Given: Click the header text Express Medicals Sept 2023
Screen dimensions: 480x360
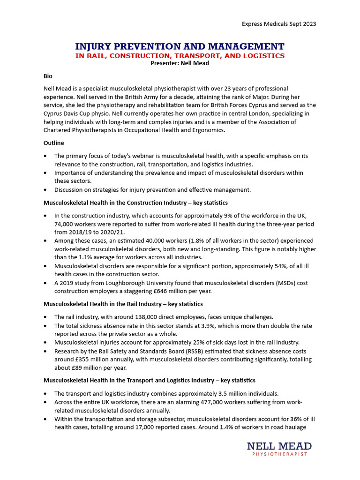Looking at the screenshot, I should click(x=278, y=24).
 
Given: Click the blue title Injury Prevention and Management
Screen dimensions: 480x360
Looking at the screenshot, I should click(x=180, y=46).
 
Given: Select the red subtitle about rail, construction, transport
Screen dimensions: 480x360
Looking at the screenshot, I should click(x=180, y=56).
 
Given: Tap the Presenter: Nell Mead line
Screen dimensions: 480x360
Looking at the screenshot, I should click(x=180, y=63).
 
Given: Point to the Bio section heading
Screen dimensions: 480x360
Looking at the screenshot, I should click(x=48, y=75).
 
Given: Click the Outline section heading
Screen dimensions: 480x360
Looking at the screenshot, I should click(x=54, y=143).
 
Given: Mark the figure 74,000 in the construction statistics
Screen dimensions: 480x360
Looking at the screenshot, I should click(x=66, y=224).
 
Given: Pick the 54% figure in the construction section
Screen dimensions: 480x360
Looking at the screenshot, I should click(x=262, y=266).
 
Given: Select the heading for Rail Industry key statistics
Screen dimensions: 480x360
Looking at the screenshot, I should click(x=123, y=304).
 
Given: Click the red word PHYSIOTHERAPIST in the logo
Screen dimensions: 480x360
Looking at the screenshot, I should click(x=279, y=454).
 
